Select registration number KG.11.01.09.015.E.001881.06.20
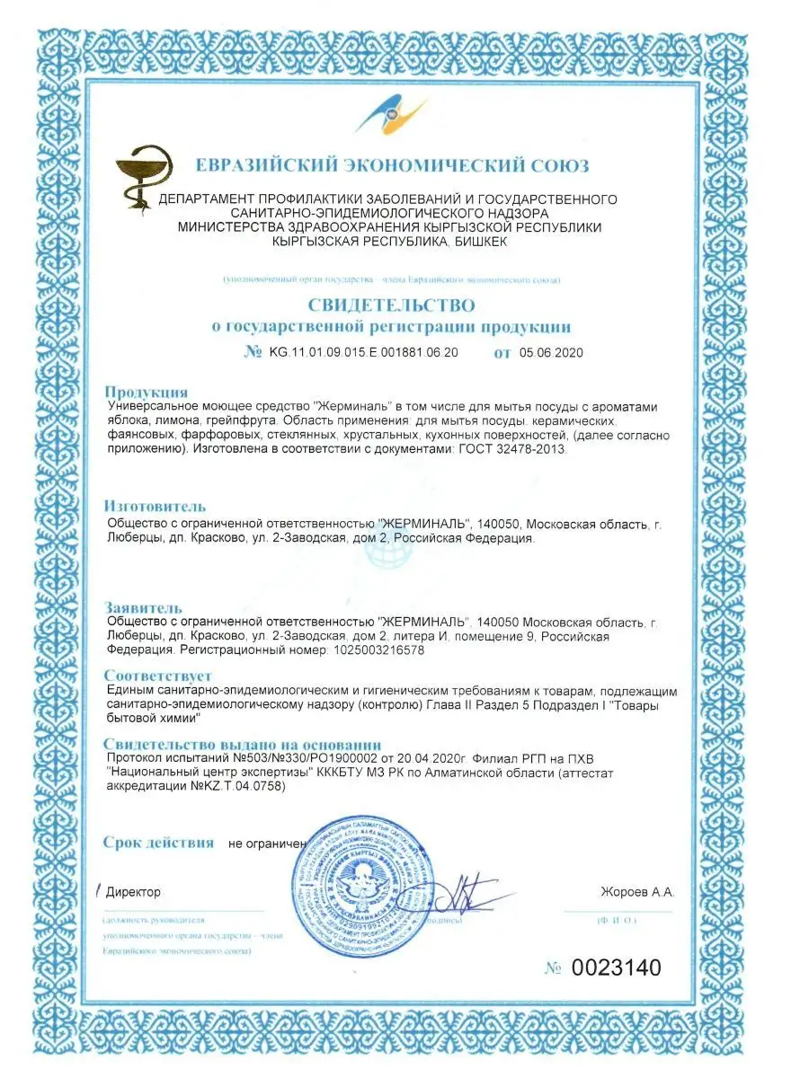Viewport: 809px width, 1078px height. pyautogui.click(x=363, y=353)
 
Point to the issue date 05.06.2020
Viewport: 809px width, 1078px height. pyautogui.click(x=551, y=353)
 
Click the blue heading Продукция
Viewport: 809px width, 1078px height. pyautogui.click(x=146, y=392)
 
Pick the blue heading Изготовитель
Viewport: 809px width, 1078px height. pyautogui.click(x=155, y=507)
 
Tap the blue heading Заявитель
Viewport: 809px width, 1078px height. pyautogui.click(x=143, y=608)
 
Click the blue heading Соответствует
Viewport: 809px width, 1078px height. pyautogui.click(x=157, y=676)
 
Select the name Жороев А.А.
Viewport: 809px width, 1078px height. pyautogui.click(x=636, y=892)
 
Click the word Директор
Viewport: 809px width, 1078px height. pyautogui.click(x=133, y=892)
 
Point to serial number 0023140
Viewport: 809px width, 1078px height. pyautogui.click(x=616, y=968)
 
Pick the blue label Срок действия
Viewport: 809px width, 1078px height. pyautogui.click(x=158, y=843)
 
